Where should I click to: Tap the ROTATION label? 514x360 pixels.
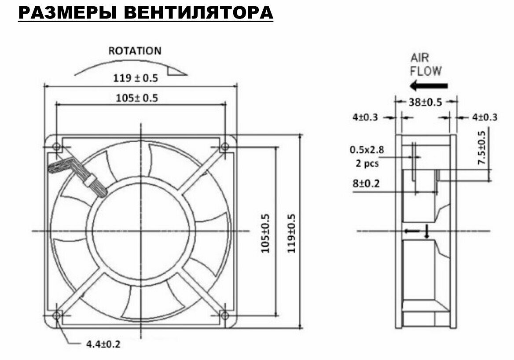click(x=135, y=51)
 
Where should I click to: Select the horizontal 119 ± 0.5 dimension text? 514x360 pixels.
click(x=136, y=78)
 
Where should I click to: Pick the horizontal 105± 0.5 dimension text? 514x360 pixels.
click(x=137, y=98)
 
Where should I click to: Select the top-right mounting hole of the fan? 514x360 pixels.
click(x=225, y=147)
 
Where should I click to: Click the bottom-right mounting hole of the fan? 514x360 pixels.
click(x=225, y=315)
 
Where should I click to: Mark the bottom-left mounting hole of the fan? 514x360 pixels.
click(x=56, y=315)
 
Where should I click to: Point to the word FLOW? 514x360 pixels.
click(x=426, y=70)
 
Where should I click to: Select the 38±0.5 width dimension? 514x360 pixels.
click(x=425, y=102)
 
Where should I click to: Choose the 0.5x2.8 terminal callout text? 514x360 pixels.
click(x=367, y=150)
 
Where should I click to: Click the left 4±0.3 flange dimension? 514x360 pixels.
click(x=365, y=118)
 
